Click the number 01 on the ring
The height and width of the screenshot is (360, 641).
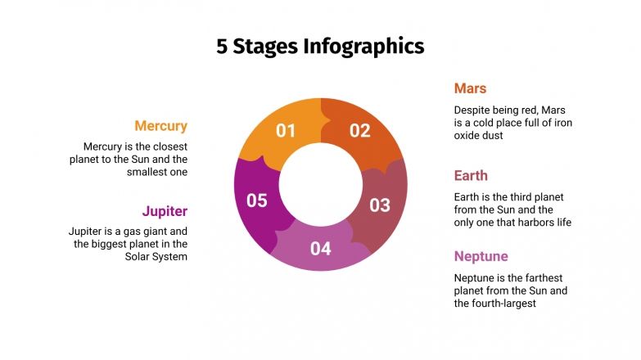click(286, 130)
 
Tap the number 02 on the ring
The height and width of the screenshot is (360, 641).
click(360, 130)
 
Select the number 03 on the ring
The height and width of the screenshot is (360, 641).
click(380, 205)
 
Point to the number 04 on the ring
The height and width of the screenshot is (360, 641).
click(321, 249)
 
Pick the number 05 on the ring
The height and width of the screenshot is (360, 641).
click(257, 200)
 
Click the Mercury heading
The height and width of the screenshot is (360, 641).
click(160, 126)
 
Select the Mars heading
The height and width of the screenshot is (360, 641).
click(471, 88)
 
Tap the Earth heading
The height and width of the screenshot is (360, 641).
click(471, 175)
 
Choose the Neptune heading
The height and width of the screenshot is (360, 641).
click(481, 256)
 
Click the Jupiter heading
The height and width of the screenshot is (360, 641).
click(165, 211)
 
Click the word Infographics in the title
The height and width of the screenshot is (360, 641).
click(364, 46)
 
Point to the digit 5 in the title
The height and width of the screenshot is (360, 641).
click(222, 46)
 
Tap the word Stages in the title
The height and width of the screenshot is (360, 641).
click(265, 46)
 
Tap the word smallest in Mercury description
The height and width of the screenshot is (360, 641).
click(148, 172)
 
